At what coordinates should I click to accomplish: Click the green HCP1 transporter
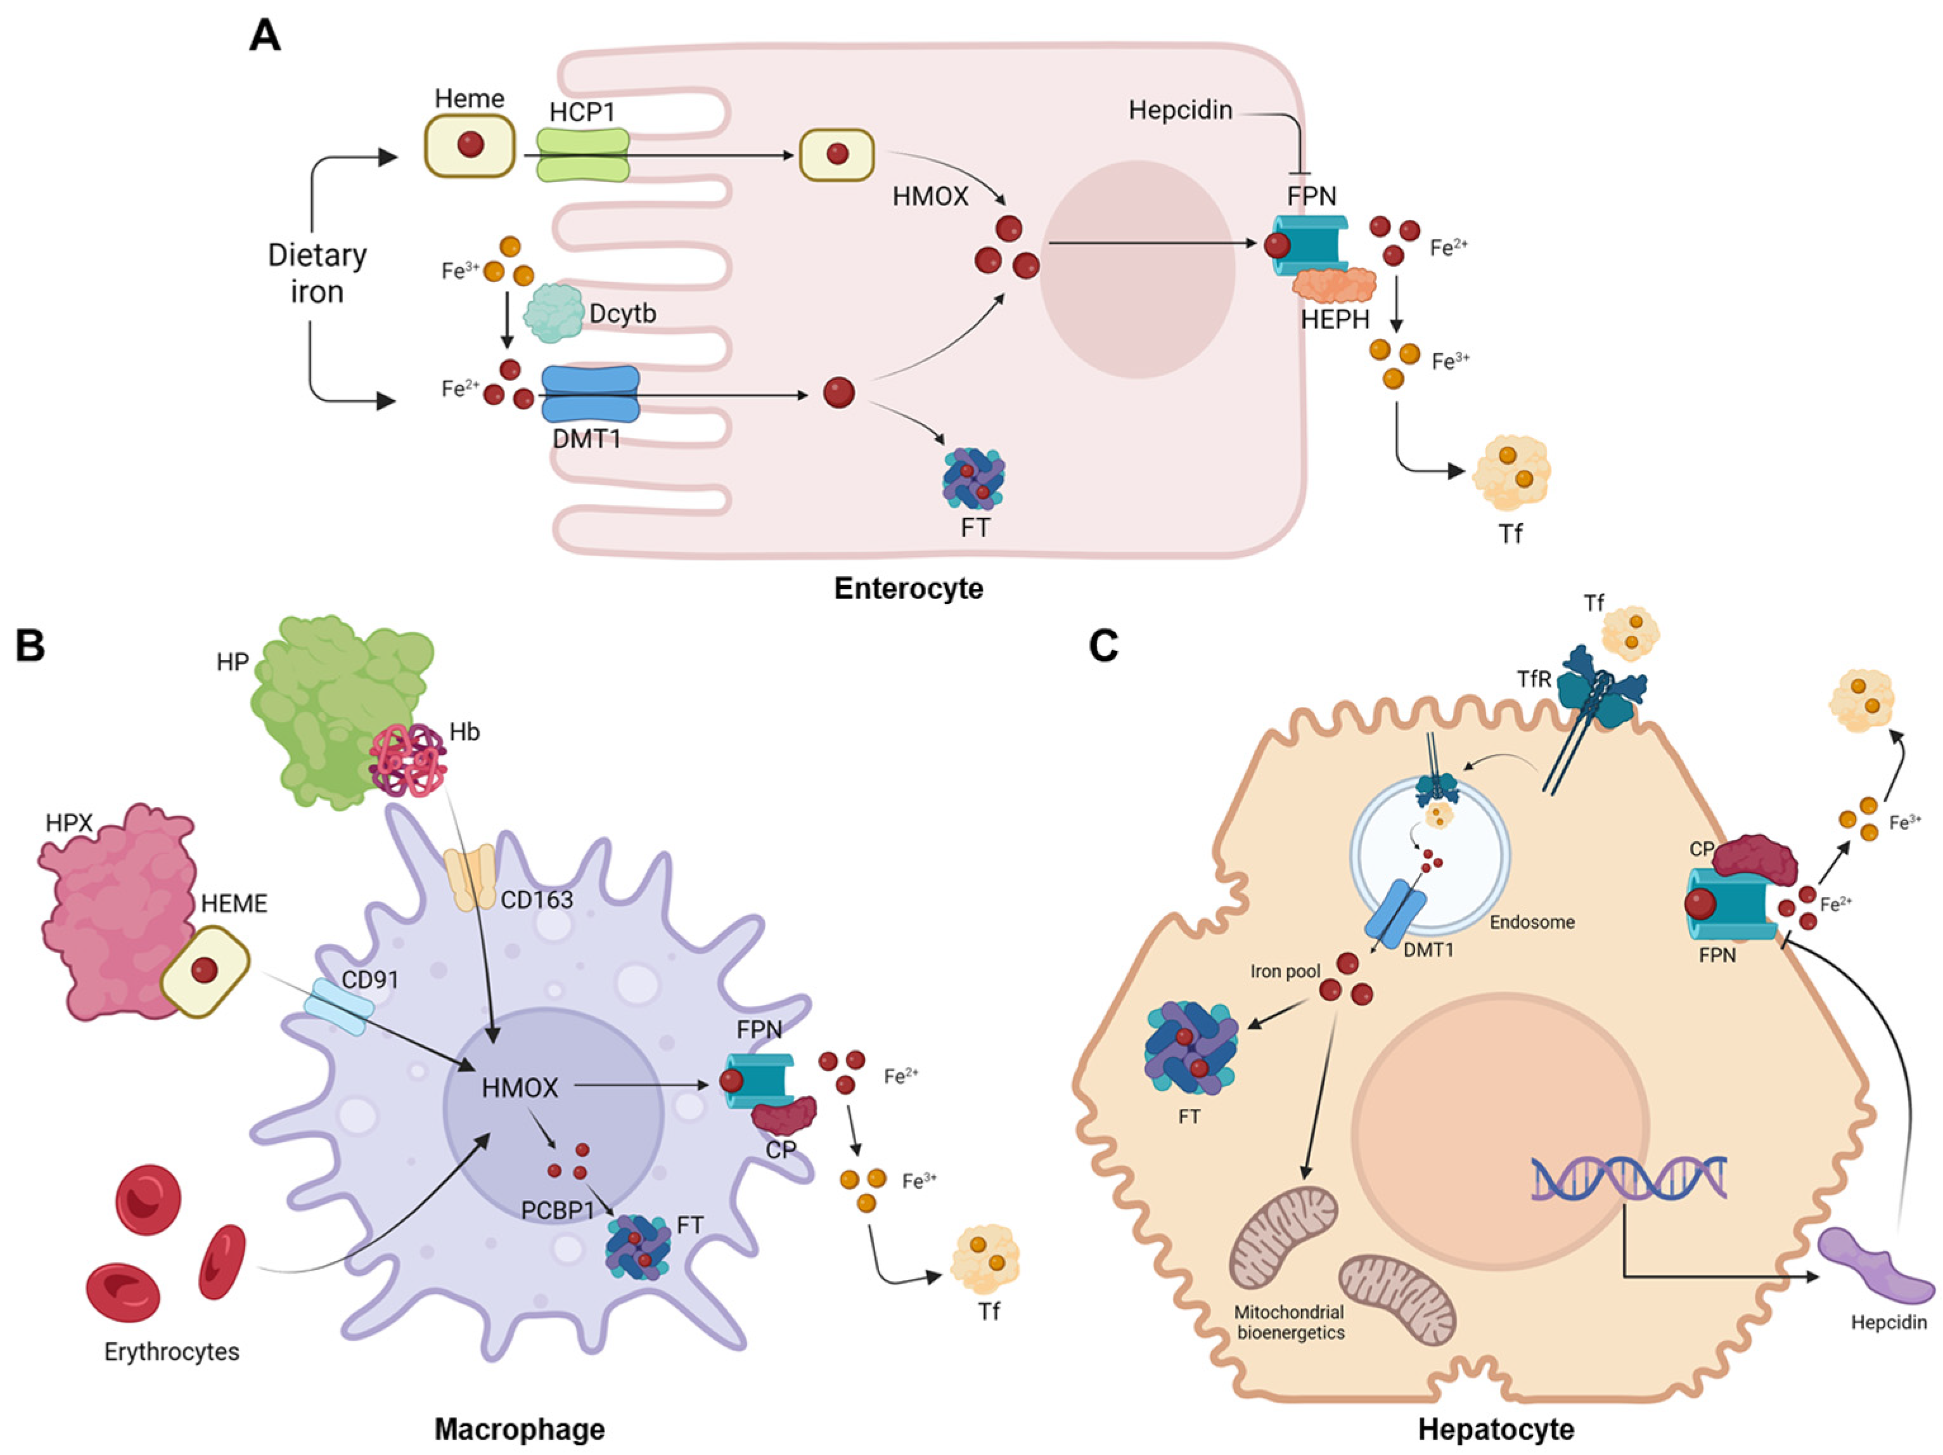583,155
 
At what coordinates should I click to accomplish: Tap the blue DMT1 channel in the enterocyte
590,394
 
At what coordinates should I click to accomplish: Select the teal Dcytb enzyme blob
553,313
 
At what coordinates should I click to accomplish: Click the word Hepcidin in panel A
1181,111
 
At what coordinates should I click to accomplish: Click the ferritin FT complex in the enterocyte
973,480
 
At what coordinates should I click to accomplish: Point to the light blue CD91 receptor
338,1007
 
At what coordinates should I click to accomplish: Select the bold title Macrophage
520,1430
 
